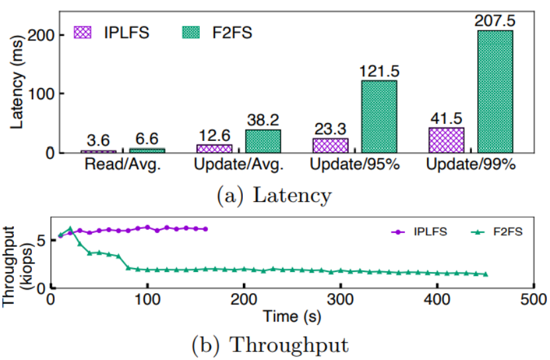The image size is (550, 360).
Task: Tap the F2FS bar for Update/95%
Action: (378, 116)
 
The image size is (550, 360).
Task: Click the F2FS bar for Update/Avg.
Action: (262, 141)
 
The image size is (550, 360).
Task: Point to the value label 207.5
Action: (494, 21)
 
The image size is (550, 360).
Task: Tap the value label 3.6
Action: (97, 141)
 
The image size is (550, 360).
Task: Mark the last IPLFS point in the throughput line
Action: (206, 229)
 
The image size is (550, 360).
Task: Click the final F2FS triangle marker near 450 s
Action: (486, 275)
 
